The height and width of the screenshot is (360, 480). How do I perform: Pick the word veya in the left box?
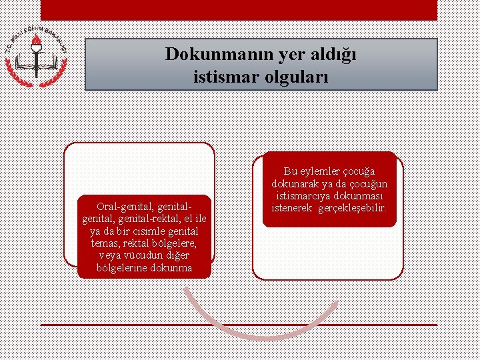[x=111, y=255]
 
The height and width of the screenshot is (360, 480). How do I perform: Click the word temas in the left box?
[x=104, y=243]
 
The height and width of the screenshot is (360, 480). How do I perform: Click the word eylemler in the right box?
[x=319, y=171]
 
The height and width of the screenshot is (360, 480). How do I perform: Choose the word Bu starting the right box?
[x=290, y=171]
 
